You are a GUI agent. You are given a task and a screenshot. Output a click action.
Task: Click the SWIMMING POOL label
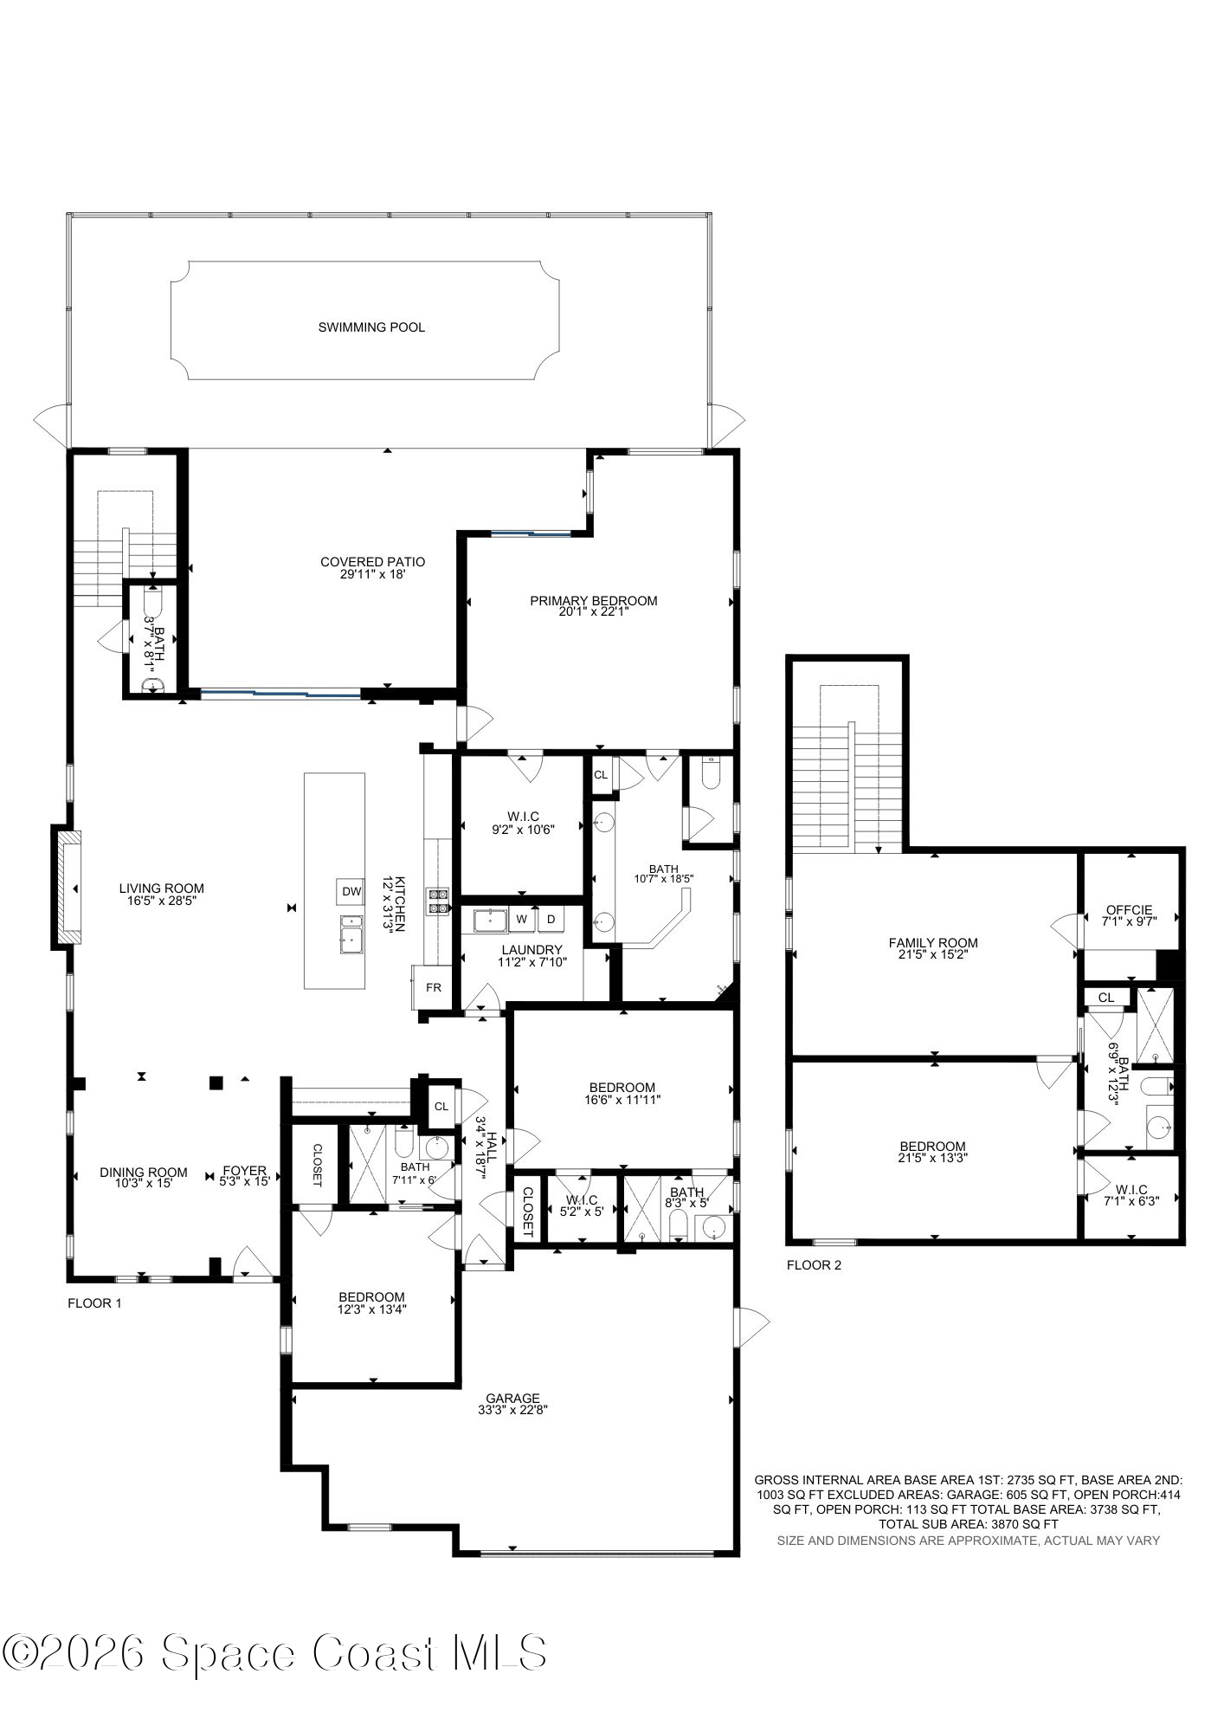(x=371, y=327)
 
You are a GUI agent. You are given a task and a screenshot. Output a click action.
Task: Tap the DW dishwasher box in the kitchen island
(x=351, y=891)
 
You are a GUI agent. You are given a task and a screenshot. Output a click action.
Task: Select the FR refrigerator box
(x=433, y=987)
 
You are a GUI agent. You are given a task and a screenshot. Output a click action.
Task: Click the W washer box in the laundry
(x=522, y=919)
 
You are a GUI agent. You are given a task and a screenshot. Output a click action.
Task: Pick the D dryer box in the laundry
(x=551, y=919)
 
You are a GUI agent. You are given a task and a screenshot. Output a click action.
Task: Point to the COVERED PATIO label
(x=372, y=562)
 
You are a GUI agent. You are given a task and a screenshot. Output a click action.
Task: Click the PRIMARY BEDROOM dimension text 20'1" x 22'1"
(x=593, y=611)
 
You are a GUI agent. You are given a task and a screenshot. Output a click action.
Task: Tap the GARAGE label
(x=512, y=1398)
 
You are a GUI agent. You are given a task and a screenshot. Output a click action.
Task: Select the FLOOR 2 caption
(x=814, y=1265)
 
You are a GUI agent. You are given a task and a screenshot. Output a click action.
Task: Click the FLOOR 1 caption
(x=94, y=1302)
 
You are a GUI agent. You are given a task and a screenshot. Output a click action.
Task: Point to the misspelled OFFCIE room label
(x=1129, y=910)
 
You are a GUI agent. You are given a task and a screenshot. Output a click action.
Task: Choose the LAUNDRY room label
(x=531, y=950)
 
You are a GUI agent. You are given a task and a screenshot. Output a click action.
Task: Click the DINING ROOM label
(x=143, y=1173)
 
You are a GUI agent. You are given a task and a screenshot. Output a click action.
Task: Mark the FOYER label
(x=244, y=1171)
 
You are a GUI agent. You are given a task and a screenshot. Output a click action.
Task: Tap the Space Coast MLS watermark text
(x=275, y=1652)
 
